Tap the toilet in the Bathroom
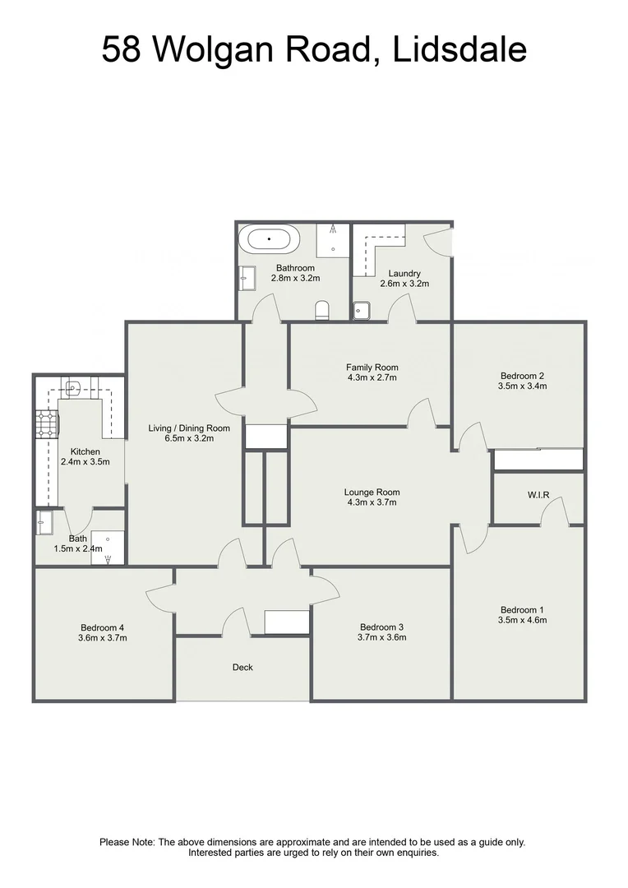point(323,310)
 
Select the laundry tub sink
point(362,310)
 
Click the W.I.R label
point(538,494)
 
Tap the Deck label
point(242,667)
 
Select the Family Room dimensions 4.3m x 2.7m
point(372,378)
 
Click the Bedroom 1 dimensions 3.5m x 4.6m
point(521,620)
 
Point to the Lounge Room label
point(372,493)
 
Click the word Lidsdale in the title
point(460,50)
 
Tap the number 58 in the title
point(122,50)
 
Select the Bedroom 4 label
point(102,626)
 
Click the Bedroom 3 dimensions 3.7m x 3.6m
point(381,636)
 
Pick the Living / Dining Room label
point(189,428)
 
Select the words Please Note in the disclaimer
point(127,842)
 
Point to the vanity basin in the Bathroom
point(244,280)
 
